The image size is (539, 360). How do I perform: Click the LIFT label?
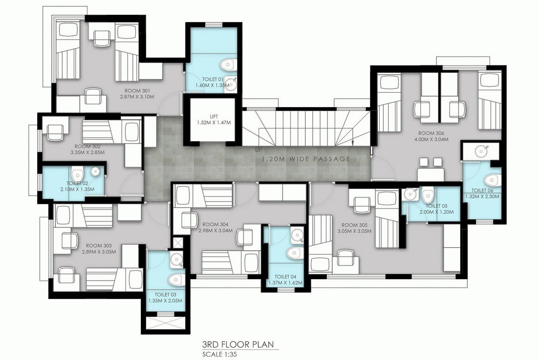click(x=214, y=117)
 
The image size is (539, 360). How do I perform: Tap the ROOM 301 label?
click(x=137, y=91)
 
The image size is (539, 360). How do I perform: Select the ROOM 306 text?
click(x=431, y=133)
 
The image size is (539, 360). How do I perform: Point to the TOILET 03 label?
click(x=166, y=294)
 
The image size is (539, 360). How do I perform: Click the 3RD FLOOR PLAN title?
click(x=238, y=345)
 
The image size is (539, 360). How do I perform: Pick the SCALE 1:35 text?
click(x=219, y=354)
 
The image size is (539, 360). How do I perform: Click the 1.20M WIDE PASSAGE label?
click(x=306, y=159)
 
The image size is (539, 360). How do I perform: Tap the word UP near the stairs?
click(x=258, y=150)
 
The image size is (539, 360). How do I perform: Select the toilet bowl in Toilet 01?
click(x=227, y=64)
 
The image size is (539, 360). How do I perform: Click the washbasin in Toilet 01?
click(x=231, y=84)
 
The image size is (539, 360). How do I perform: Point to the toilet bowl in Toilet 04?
click(x=295, y=252)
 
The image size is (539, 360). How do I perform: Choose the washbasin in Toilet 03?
click(x=176, y=259)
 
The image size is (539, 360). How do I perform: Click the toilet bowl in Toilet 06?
click(x=492, y=180)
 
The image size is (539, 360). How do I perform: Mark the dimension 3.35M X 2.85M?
click(x=88, y=152)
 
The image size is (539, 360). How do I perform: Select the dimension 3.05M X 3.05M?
click(x=355, y=231)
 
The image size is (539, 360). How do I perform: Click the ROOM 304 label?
click(x=215, y=224)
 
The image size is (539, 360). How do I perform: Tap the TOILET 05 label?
click(x=437, y=206)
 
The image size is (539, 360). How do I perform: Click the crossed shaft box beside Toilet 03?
click(x=178, y=243)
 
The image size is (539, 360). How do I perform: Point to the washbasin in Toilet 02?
click(x=96, y=171)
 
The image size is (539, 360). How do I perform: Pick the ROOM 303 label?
click(x=99, y=246)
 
